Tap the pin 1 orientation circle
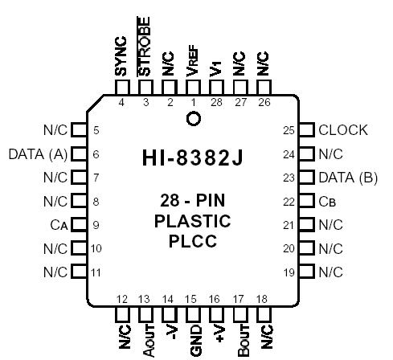point(192,120)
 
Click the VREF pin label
point(192,59)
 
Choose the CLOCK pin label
point(343,130)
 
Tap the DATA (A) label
point(37,153)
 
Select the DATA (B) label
point(348,178)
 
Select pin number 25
point(288,130)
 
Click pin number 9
point(96,225)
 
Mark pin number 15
point(191,300)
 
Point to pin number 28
point(215,102)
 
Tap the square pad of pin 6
point(79,153)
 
